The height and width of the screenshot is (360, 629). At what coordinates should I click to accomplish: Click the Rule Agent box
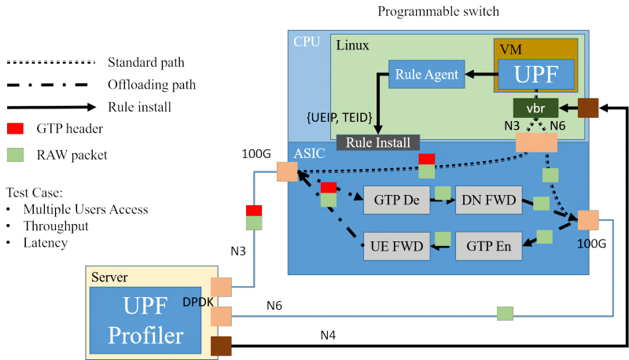(x=427, y=75)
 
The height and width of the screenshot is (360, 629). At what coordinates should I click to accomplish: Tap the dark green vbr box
(x=535, y=107)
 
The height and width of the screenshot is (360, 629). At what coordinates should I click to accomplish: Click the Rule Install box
(x=378, y=142)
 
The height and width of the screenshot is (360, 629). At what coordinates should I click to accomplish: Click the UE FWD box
(x=396, y=247)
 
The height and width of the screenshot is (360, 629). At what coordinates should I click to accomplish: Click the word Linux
(x=353, y=45)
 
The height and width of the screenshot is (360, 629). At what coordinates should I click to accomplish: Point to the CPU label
(x=307, y=42)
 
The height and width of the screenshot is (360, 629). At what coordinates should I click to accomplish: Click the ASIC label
(x=309, y=153)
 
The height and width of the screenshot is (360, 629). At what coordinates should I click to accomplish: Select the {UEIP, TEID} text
(x=338, y=116)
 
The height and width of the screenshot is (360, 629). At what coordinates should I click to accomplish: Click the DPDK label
(x=198, y=302)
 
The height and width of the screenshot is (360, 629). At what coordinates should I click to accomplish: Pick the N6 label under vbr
(x=557, y=125)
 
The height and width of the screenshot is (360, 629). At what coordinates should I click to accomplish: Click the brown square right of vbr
(x=588, y=108)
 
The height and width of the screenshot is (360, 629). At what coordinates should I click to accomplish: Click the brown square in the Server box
(x=221, y=346)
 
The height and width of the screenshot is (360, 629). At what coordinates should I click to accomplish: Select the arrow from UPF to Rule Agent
(x=480, y=75)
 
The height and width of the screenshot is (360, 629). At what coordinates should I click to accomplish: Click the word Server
(x=109, y=277)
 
